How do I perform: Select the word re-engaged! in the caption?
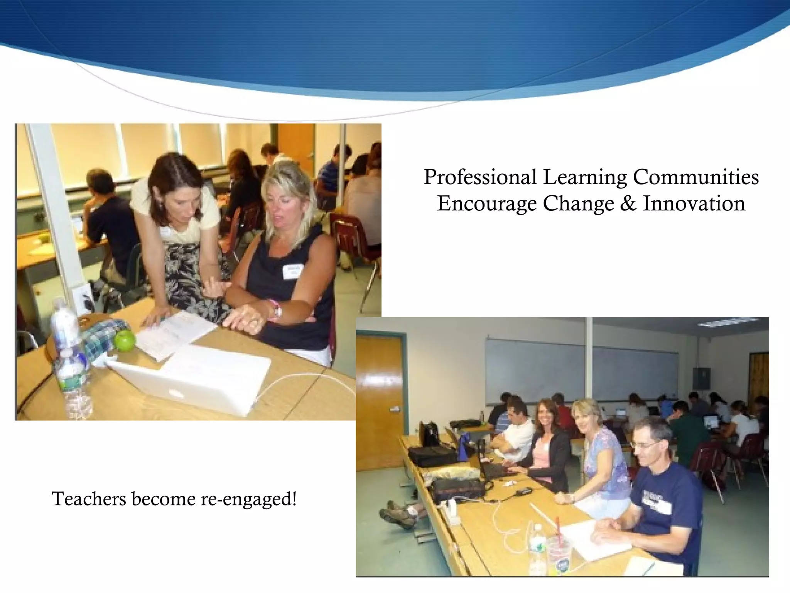click(x=249, y=499)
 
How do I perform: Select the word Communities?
click(x=695, y=177)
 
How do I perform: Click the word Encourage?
click(x=487, y=203)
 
